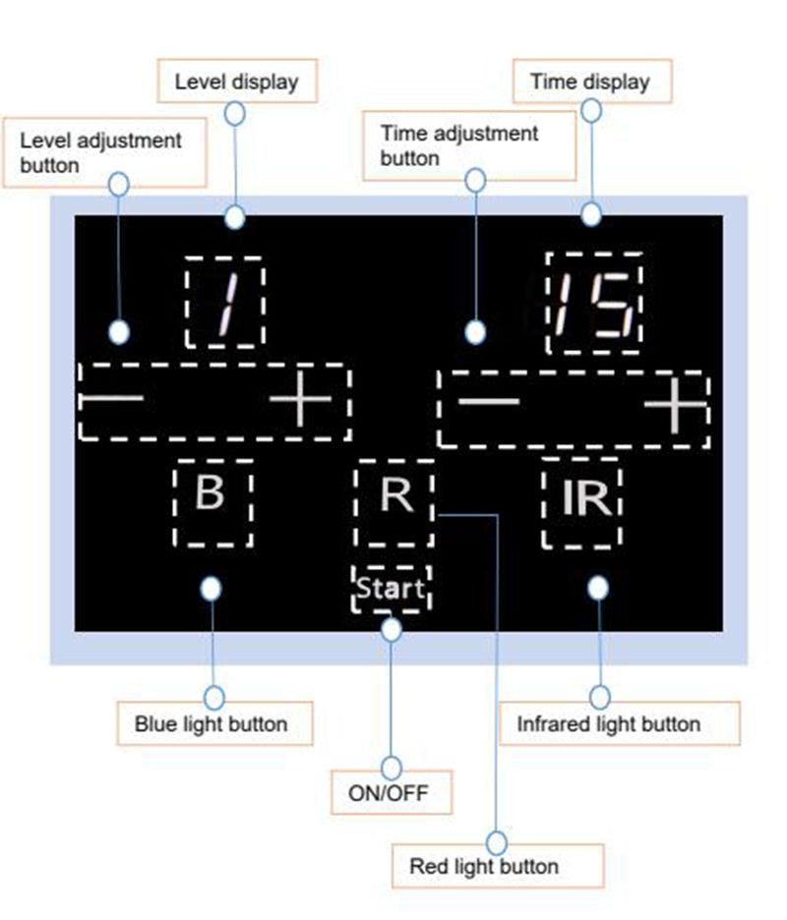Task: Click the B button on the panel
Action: (x=212, y=493)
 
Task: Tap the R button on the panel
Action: (x=395, y=496)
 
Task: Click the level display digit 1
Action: (x=224, y=302)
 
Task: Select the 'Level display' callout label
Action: (x=236, y=82)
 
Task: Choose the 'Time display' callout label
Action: (x=590, y=82)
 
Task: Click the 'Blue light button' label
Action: (x=212, y=724)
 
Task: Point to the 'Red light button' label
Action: (x=484, y=867)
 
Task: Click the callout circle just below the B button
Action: (x=211, y=588)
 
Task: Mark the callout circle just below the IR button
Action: (x=597, y=588)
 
